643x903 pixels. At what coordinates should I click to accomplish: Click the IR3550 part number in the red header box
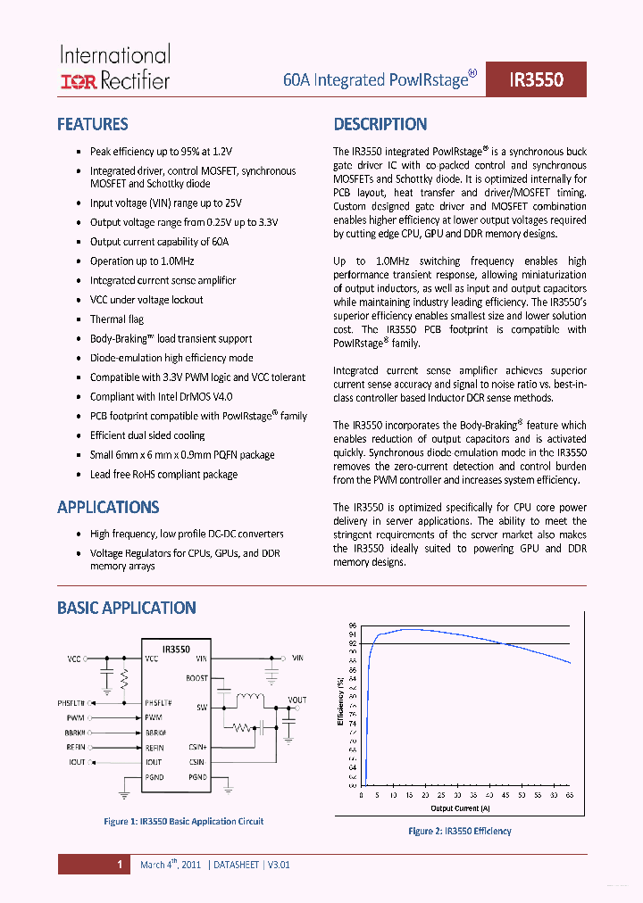pyautogui.click(x=536, y=79)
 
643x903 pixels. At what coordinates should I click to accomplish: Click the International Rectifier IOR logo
pyautogui.click(x=78, y=82)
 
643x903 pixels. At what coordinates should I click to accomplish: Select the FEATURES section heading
pyautogui.click(x=92, y=125)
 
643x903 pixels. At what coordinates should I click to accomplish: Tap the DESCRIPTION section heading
pyautogui.click(x=380, y=125)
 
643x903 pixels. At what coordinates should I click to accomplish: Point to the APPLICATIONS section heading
pyautogui.click(x=108, y=508)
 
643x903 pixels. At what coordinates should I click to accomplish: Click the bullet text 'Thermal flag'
pyautogui.click(x=116, y=319)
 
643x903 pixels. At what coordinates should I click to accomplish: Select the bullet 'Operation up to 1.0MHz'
pyautogui.click(x=142, y=261)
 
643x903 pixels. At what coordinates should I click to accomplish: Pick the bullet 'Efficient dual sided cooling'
pyautogui.click(x=147, y=435)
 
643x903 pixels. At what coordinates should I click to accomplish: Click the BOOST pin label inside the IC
pyautogui.click(x=196, y=678)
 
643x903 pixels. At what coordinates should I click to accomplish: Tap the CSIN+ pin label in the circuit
pyautogui.click(x=197, y=747)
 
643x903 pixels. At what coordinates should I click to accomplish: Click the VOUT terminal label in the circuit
pyautogui.click(x=297, y=700)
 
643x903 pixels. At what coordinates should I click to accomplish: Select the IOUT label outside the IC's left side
pyautogui.click(x=77, y=762)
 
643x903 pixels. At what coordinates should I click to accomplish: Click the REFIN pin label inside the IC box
pyautogui.click(x=154, y=747)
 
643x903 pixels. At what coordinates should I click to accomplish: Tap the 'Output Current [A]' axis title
pyautogui.click(x=460, y=808)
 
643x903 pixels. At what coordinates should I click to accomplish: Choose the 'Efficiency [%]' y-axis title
pyautogui.click(x=340, y=702)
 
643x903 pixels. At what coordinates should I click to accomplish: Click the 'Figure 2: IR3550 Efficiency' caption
pyautogui.click(x=460, y=831)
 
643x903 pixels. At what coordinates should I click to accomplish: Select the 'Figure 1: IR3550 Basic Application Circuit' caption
pyautogui.click(x=184, y=821)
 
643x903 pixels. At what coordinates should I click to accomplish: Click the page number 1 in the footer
pyautogui.click(x=118, y=865)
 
